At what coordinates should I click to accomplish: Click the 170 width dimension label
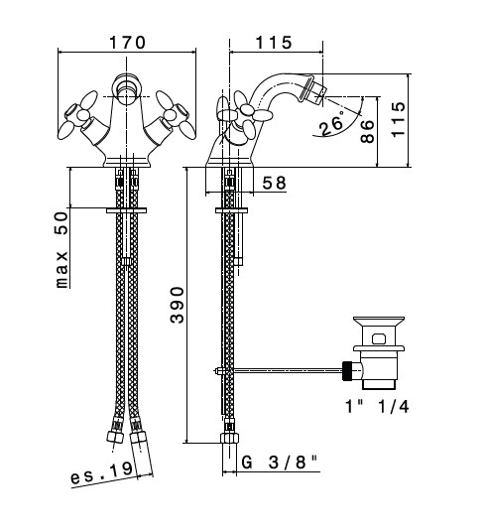[127, 43]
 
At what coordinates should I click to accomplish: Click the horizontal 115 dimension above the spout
[273, 43]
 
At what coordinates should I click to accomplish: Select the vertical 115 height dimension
[398, 119]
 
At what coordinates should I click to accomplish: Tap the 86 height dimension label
[367, 131]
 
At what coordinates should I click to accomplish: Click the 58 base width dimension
[274, 184]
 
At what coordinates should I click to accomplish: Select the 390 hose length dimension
[177, 305]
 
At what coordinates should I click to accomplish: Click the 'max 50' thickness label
[61, 250]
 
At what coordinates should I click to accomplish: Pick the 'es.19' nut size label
[101, 473]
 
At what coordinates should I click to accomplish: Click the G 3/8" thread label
[280, 462]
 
